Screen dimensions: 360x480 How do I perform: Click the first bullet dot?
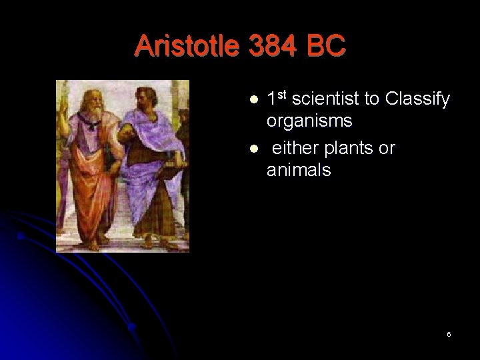pyautogui.click(x=253, y=99)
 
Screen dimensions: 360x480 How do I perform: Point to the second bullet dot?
pyautogui.click(x=253, y=148)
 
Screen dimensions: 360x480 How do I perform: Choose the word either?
pyautogui.click(x=293, y=147)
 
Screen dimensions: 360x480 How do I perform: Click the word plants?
pyautogui.click(x=350, y=147)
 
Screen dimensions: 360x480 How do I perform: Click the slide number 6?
pyautogui.click(x=449, y=333)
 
